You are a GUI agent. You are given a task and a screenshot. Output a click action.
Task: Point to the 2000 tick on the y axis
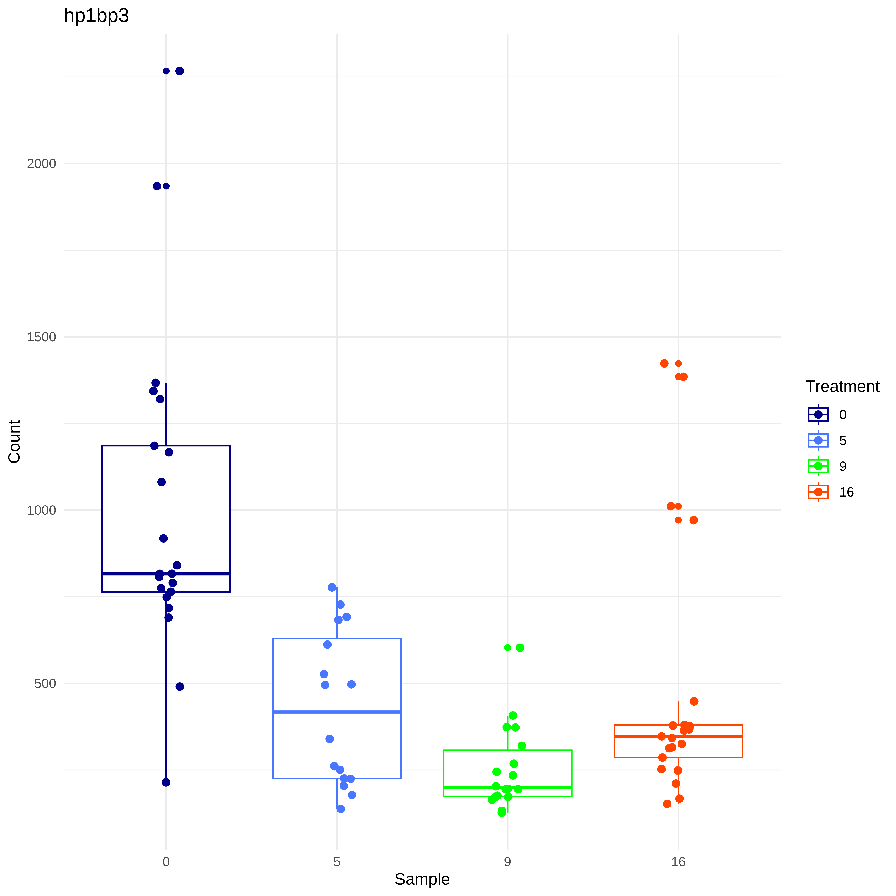coord(41,164)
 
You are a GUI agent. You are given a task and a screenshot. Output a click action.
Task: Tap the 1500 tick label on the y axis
coord(41,337)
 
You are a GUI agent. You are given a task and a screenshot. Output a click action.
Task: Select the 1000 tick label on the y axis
coord(41,510)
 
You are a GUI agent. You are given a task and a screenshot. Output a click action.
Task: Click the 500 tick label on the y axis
coord(45,684)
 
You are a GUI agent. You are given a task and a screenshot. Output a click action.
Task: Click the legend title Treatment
coord(842,386)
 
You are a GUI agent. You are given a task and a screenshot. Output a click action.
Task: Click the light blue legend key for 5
coord(818,440)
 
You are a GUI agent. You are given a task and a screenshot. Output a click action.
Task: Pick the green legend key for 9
coord(818,466)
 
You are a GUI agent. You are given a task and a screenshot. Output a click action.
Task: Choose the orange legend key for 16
coord(818,492)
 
